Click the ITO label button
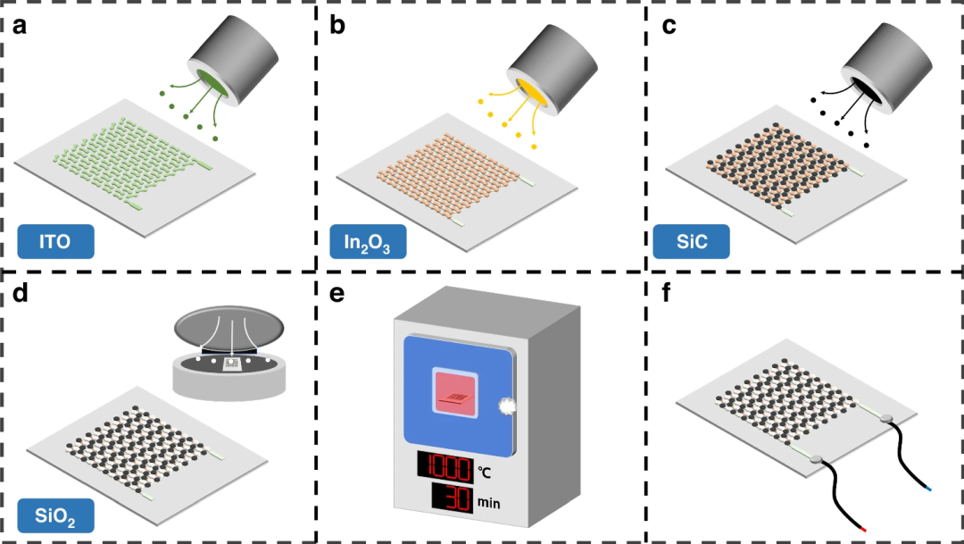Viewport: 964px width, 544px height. coord(55,241)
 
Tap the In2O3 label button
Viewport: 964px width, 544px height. coord(368,241)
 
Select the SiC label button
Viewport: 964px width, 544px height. coord(691,241)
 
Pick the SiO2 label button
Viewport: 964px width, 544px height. coord(55,515)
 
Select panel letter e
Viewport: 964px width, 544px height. coord(337,294)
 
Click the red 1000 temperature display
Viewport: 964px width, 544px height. coord(445,466)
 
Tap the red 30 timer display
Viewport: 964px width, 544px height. coord(452,498)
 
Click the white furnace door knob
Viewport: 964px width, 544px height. coord(507,406)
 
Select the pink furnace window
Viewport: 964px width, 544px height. coord(455,394)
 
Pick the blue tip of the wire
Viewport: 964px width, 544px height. coord(928,489)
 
